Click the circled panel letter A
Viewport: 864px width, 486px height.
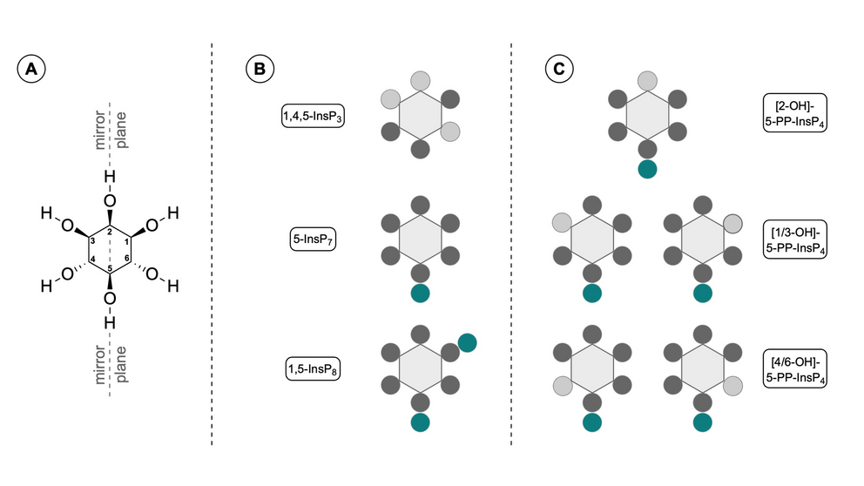click(x=31, y=69)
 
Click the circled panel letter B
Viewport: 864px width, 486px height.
click(x=260, y=69)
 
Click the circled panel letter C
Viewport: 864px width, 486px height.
click(x=559, y=69)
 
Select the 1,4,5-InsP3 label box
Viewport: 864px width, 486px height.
click(x=313, y=116)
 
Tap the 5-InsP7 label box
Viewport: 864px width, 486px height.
click(x=313, y=240)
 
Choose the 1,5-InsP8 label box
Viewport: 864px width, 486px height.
click(x=313, y=368)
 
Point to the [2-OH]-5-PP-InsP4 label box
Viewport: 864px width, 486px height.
click(x=795, y=113)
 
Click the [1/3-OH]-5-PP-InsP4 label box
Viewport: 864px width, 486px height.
click(x=795, y=240)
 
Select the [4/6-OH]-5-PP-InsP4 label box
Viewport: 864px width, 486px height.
click(x=795, y=368)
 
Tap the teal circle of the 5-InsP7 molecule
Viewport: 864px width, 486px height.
click(x=421, y=294)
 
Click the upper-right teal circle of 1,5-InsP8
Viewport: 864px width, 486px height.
click(x=467, y=343)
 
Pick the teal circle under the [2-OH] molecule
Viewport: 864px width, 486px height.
click(x=647, y=169)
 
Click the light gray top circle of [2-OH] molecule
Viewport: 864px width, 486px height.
click(x=647, y=80)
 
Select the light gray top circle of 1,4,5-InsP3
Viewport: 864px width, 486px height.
click(x=421, y=80)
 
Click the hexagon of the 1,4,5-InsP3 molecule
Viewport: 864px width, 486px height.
click(x=421, y=115)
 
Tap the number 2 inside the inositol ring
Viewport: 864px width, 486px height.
click(x=110, y=232)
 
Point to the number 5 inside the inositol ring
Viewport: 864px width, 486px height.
click(x=110, y=268)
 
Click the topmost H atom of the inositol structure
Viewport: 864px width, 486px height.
click(x=110, y=177)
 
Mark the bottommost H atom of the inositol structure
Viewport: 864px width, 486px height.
click(x=110, y=322)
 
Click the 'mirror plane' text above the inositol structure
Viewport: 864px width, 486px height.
click(x=111, y=130)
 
